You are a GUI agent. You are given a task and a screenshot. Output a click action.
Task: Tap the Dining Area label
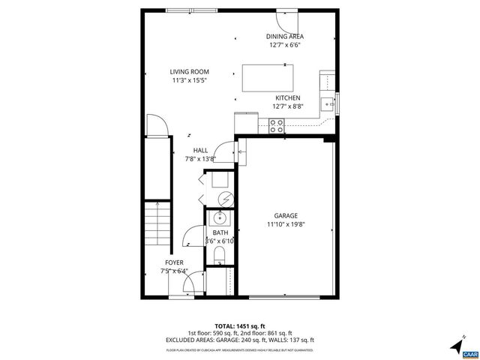285,37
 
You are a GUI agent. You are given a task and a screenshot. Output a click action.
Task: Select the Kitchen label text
287,98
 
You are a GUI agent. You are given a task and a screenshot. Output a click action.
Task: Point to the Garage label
286,215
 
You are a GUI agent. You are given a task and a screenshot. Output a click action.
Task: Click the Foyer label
174,262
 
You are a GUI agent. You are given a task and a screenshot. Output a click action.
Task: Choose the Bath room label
220,233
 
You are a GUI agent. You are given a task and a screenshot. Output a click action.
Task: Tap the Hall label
200,150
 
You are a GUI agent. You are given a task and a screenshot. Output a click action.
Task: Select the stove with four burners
275,127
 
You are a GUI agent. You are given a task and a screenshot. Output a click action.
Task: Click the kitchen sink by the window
327,102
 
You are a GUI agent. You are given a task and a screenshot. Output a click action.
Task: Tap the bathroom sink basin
220,218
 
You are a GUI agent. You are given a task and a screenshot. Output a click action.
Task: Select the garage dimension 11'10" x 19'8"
286,223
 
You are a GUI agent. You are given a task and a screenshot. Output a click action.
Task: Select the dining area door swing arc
290,20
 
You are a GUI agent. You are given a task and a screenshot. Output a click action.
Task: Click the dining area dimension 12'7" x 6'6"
285,45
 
